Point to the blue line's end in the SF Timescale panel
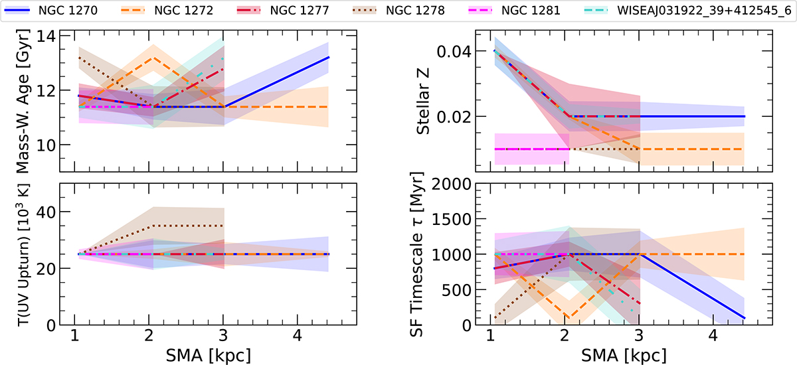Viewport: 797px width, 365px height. point(745,318)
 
